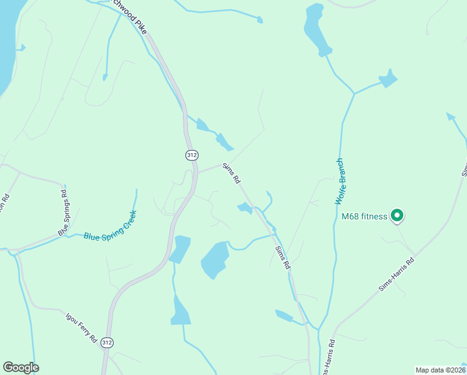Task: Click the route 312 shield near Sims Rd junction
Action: coord(192,154)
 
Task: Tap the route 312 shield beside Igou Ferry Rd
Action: coord(107,342)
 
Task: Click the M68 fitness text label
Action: coord(365,217)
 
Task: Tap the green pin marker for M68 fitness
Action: coord(397,216)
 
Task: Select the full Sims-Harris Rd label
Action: coord(396,275)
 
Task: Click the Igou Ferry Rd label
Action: coord(81,327)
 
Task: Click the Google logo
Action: coord(21,367)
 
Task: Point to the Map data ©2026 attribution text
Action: coord(440,369)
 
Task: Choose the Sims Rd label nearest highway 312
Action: coord(232,172)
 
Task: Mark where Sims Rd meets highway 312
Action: coord(197,172)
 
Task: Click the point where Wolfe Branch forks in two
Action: coord(354,94)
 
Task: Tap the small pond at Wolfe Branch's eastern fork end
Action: coord(388,79)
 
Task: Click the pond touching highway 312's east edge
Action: coord(180,249)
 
